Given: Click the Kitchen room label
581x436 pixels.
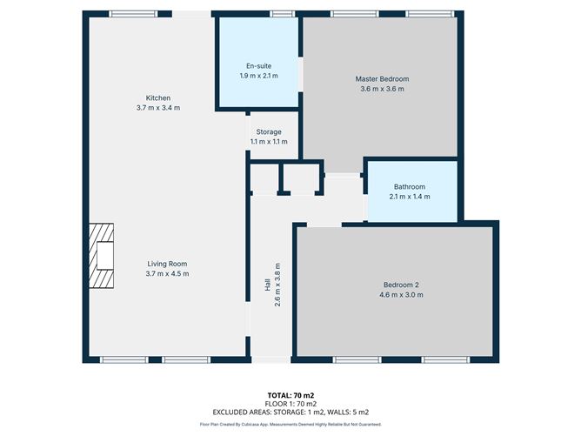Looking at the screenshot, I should (157, 97).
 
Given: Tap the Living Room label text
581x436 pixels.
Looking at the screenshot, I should (166, 264).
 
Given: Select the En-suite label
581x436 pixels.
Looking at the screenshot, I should (257, 66).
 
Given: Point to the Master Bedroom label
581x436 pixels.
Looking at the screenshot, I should (382, 79).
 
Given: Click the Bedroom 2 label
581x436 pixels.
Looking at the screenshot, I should (402, 285).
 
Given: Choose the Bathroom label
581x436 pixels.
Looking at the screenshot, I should (409, 186).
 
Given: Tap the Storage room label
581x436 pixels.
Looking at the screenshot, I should (268, 132).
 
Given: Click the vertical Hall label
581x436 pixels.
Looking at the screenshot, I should (268, 285).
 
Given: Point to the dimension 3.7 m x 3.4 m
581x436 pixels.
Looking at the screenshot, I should (157, 107).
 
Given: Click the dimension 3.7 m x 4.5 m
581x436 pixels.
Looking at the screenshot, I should (166, 273).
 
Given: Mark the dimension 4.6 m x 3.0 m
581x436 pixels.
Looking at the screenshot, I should (402, 295).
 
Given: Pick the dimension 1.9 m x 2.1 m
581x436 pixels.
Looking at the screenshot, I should (257, 76).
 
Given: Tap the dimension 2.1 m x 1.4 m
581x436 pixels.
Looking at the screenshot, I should (409, 196).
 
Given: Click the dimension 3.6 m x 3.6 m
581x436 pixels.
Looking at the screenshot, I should (382, 89).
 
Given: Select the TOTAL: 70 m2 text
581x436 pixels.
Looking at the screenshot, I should (290, 395).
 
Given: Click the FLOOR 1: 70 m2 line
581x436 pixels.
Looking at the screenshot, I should (290, 403).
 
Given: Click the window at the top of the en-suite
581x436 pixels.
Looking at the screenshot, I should (280, 14).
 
